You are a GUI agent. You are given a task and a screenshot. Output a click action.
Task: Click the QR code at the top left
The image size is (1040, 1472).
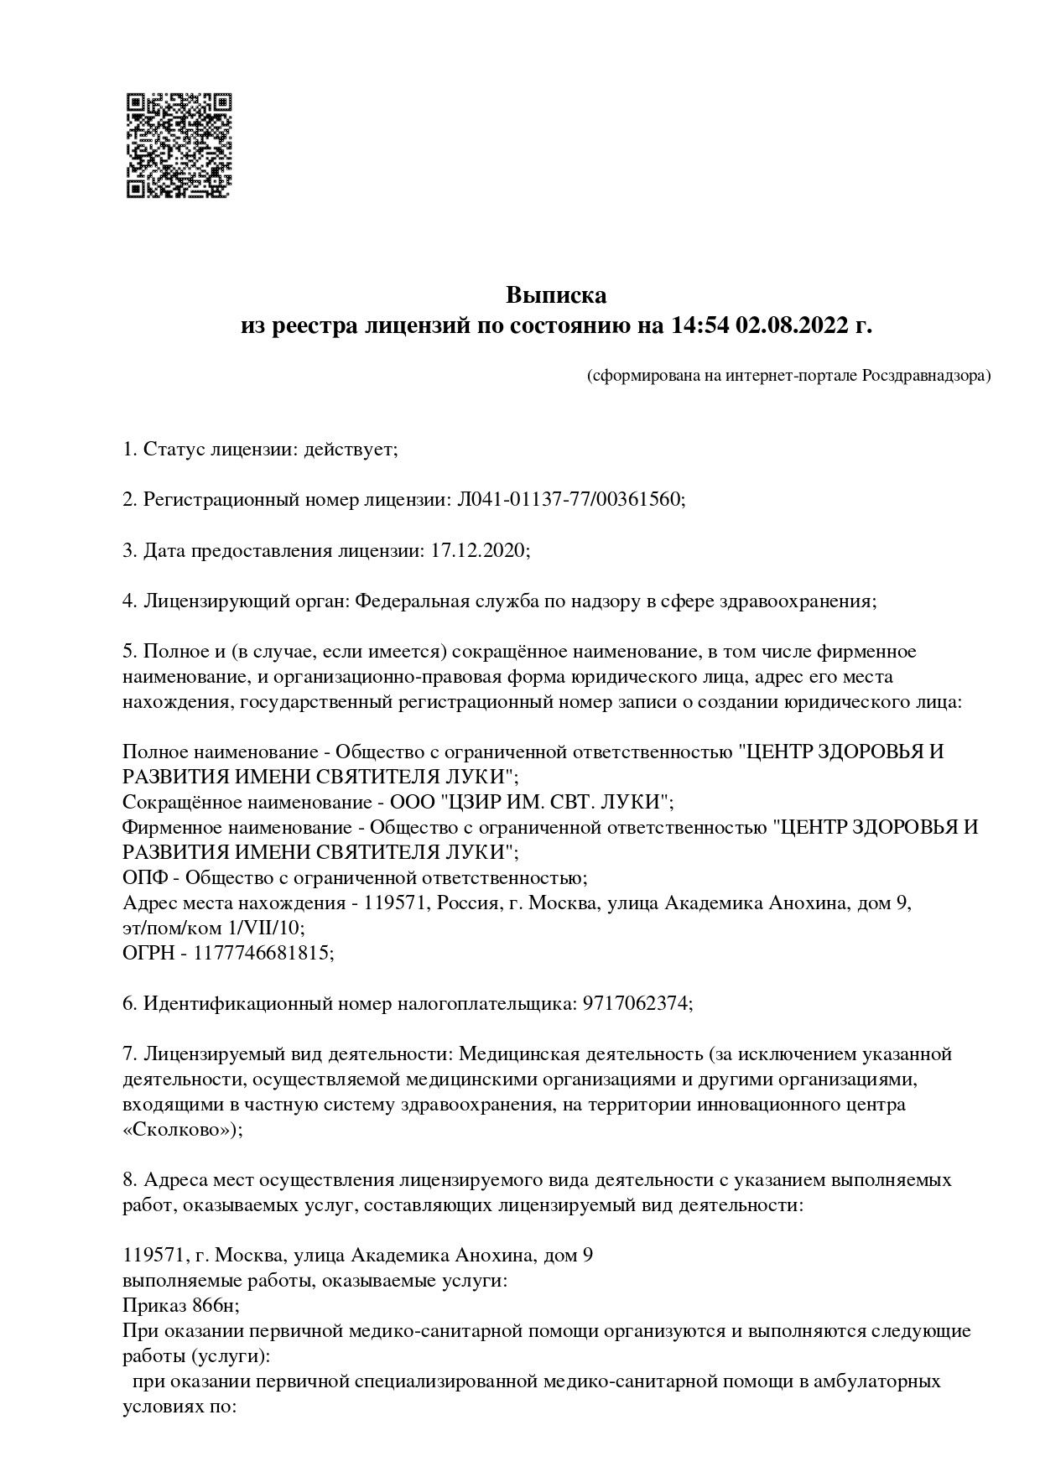(178, 145)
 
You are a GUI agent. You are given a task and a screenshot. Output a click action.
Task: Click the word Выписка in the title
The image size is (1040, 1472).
(555, 295)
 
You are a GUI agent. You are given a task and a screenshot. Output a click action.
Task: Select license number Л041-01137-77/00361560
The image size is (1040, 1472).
(569, 500)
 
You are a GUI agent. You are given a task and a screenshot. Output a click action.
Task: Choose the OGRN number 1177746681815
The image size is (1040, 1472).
(263, 954)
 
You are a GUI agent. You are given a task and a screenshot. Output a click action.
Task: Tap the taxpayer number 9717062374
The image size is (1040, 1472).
(636, 1004)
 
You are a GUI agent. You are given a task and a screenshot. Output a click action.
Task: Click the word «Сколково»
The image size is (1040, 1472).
(179, 1130)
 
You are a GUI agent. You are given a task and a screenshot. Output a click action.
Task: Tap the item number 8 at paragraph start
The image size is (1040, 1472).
(128, 1180)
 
